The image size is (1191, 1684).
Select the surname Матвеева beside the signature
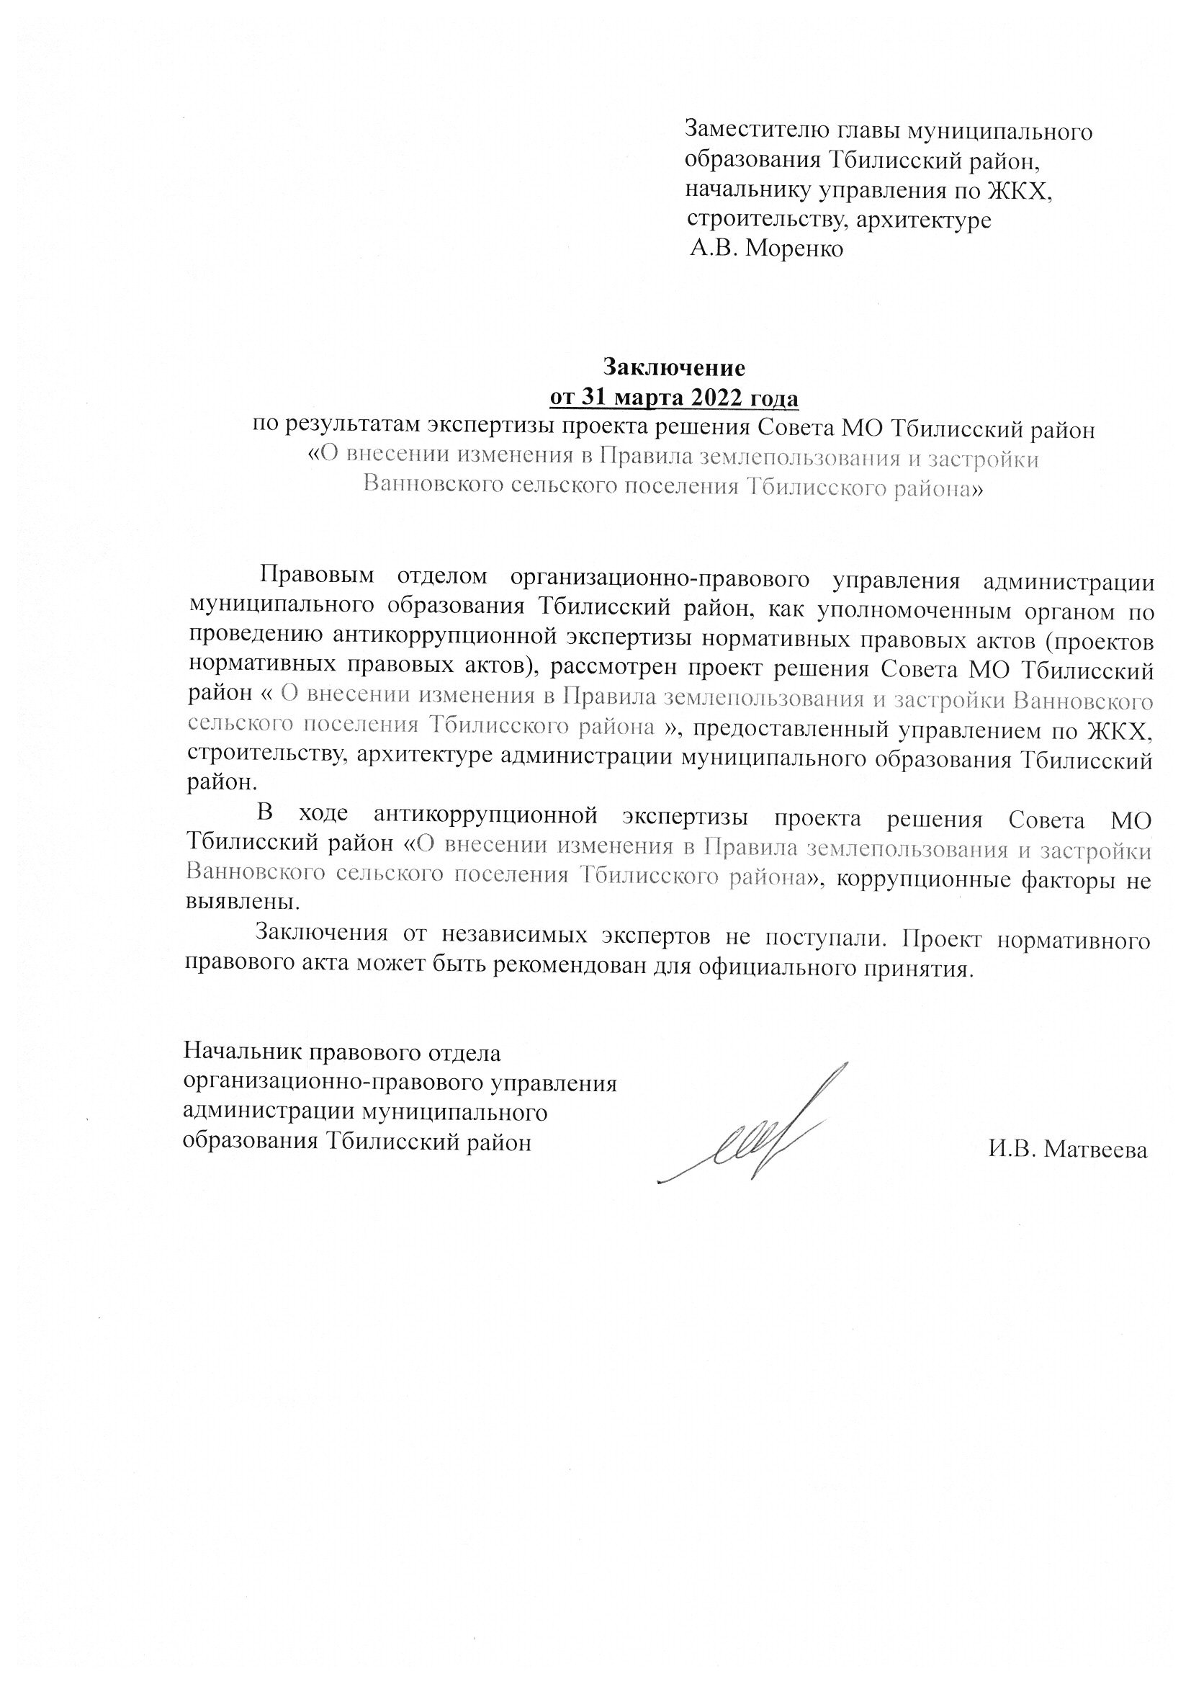coord(1095,1150)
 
